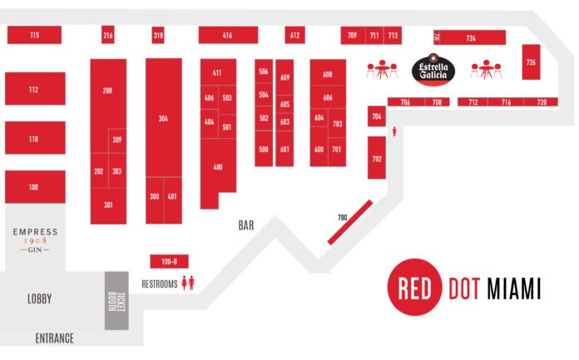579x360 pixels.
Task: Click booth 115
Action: [x=34, y=35]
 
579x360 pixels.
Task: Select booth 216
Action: [x=108, y=35]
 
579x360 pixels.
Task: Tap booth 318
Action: [x=158, y=35]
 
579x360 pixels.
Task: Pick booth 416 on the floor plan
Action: [x=227, y=35]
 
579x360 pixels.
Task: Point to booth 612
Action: [x=294, y=35]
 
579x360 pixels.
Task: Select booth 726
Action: [x=531, y=62]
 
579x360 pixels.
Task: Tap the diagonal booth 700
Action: [x=349, y=222]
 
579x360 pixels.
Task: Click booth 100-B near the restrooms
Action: [x=169, y=261]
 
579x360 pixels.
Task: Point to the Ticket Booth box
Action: [x=116, y=300]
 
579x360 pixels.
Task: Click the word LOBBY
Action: [x=39, y=299]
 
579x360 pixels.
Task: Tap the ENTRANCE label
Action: [x=54, y=338]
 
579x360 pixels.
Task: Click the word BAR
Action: [x=245, y=225]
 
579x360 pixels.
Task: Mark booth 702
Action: [x=376, y=158]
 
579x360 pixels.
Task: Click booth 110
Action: [x=34, y=139]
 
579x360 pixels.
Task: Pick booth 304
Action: [x=163, y=118]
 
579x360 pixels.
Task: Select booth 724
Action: [x=471, y=38]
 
